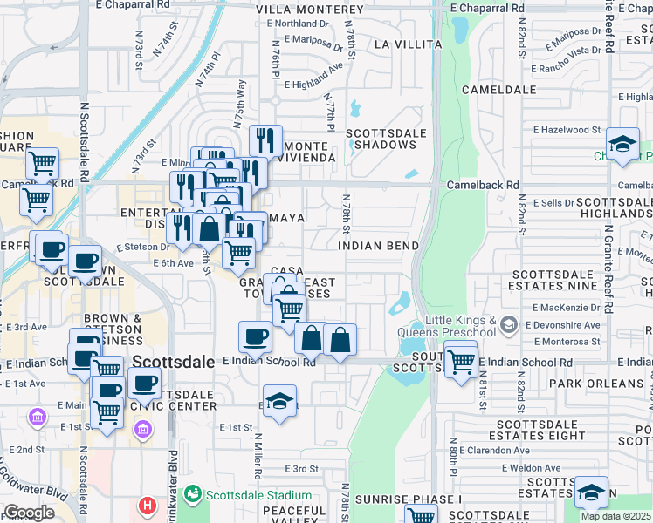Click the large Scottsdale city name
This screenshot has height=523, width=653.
click(x=174, y=361)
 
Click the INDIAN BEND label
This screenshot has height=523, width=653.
click(x=377, y=246)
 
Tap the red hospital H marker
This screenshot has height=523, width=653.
click(x=148, y=505)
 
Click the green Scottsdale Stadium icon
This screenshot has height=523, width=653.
click(x=193, y=494)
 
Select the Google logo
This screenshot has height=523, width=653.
click(x=29, y=512)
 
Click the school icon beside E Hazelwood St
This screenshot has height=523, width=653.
click(x=622, y=144)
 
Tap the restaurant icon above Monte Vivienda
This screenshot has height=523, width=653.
click(x=265, y=139)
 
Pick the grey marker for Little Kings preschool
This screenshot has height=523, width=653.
click(x=509, y=325)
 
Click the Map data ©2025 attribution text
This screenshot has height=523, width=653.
click(x=616, y=516)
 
